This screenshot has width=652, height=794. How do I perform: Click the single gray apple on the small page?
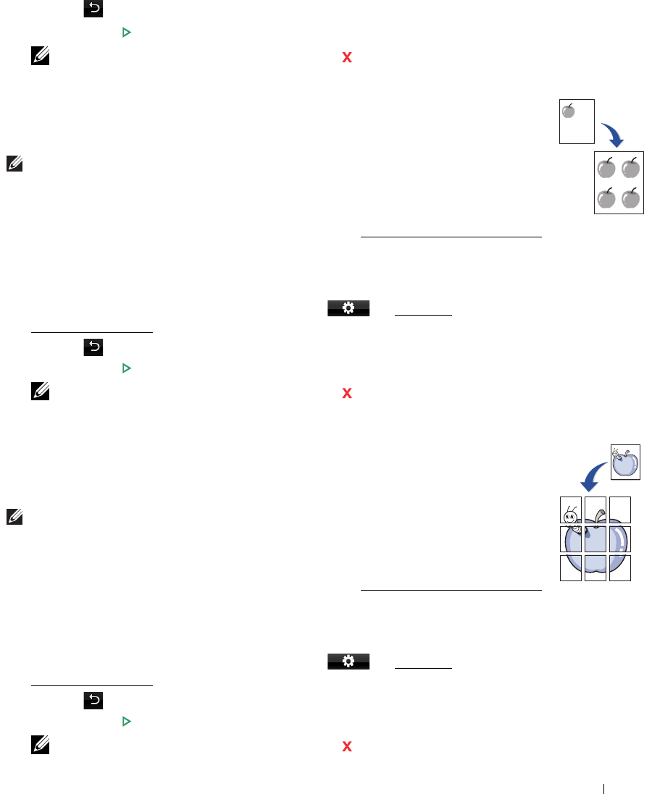pos(569,111)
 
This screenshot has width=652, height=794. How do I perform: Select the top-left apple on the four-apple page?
pos(606,168)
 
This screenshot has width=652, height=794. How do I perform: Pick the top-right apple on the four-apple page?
pos(631,168)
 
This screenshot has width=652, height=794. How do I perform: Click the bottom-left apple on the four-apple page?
pos(606,198)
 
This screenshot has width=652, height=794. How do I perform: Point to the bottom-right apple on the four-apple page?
pos(631,198)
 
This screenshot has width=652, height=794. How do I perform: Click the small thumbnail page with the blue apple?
pos(625,461)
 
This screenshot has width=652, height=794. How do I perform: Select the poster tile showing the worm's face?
pos(571,510)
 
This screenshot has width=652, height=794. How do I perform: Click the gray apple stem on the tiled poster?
pos(598,515)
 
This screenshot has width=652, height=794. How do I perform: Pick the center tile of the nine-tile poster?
pos(595,539)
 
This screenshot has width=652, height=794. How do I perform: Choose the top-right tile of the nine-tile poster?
pos(620,510)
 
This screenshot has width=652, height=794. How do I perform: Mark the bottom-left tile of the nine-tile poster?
pos(571,567)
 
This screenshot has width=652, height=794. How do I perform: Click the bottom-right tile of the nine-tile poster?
pos(620,567)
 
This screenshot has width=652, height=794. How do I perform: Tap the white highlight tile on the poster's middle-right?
pos(620,539)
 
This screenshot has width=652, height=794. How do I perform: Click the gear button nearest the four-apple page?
pos(348,308)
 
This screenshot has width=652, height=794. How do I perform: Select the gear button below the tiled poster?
pos(348,661)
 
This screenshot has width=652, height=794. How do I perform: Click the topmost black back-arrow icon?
pos(94,9)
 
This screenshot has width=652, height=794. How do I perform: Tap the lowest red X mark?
pos(346,746)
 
